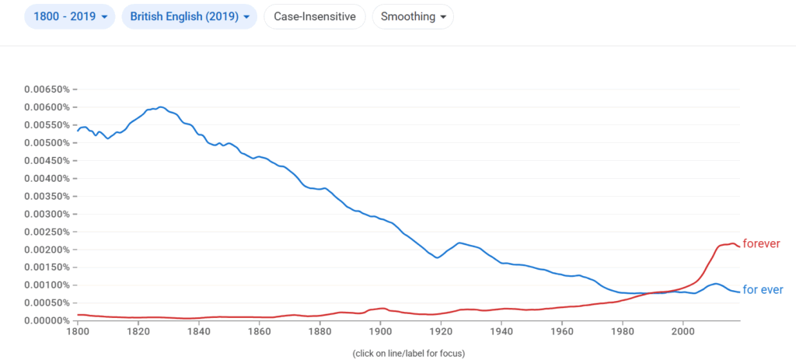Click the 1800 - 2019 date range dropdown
(70, 16)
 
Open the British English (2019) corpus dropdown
(189, 16)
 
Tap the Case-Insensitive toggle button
(315, 16)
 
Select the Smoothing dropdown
(413, 16)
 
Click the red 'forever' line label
(761, 243)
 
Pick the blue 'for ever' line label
(763, 290)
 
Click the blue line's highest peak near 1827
(160, 107)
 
